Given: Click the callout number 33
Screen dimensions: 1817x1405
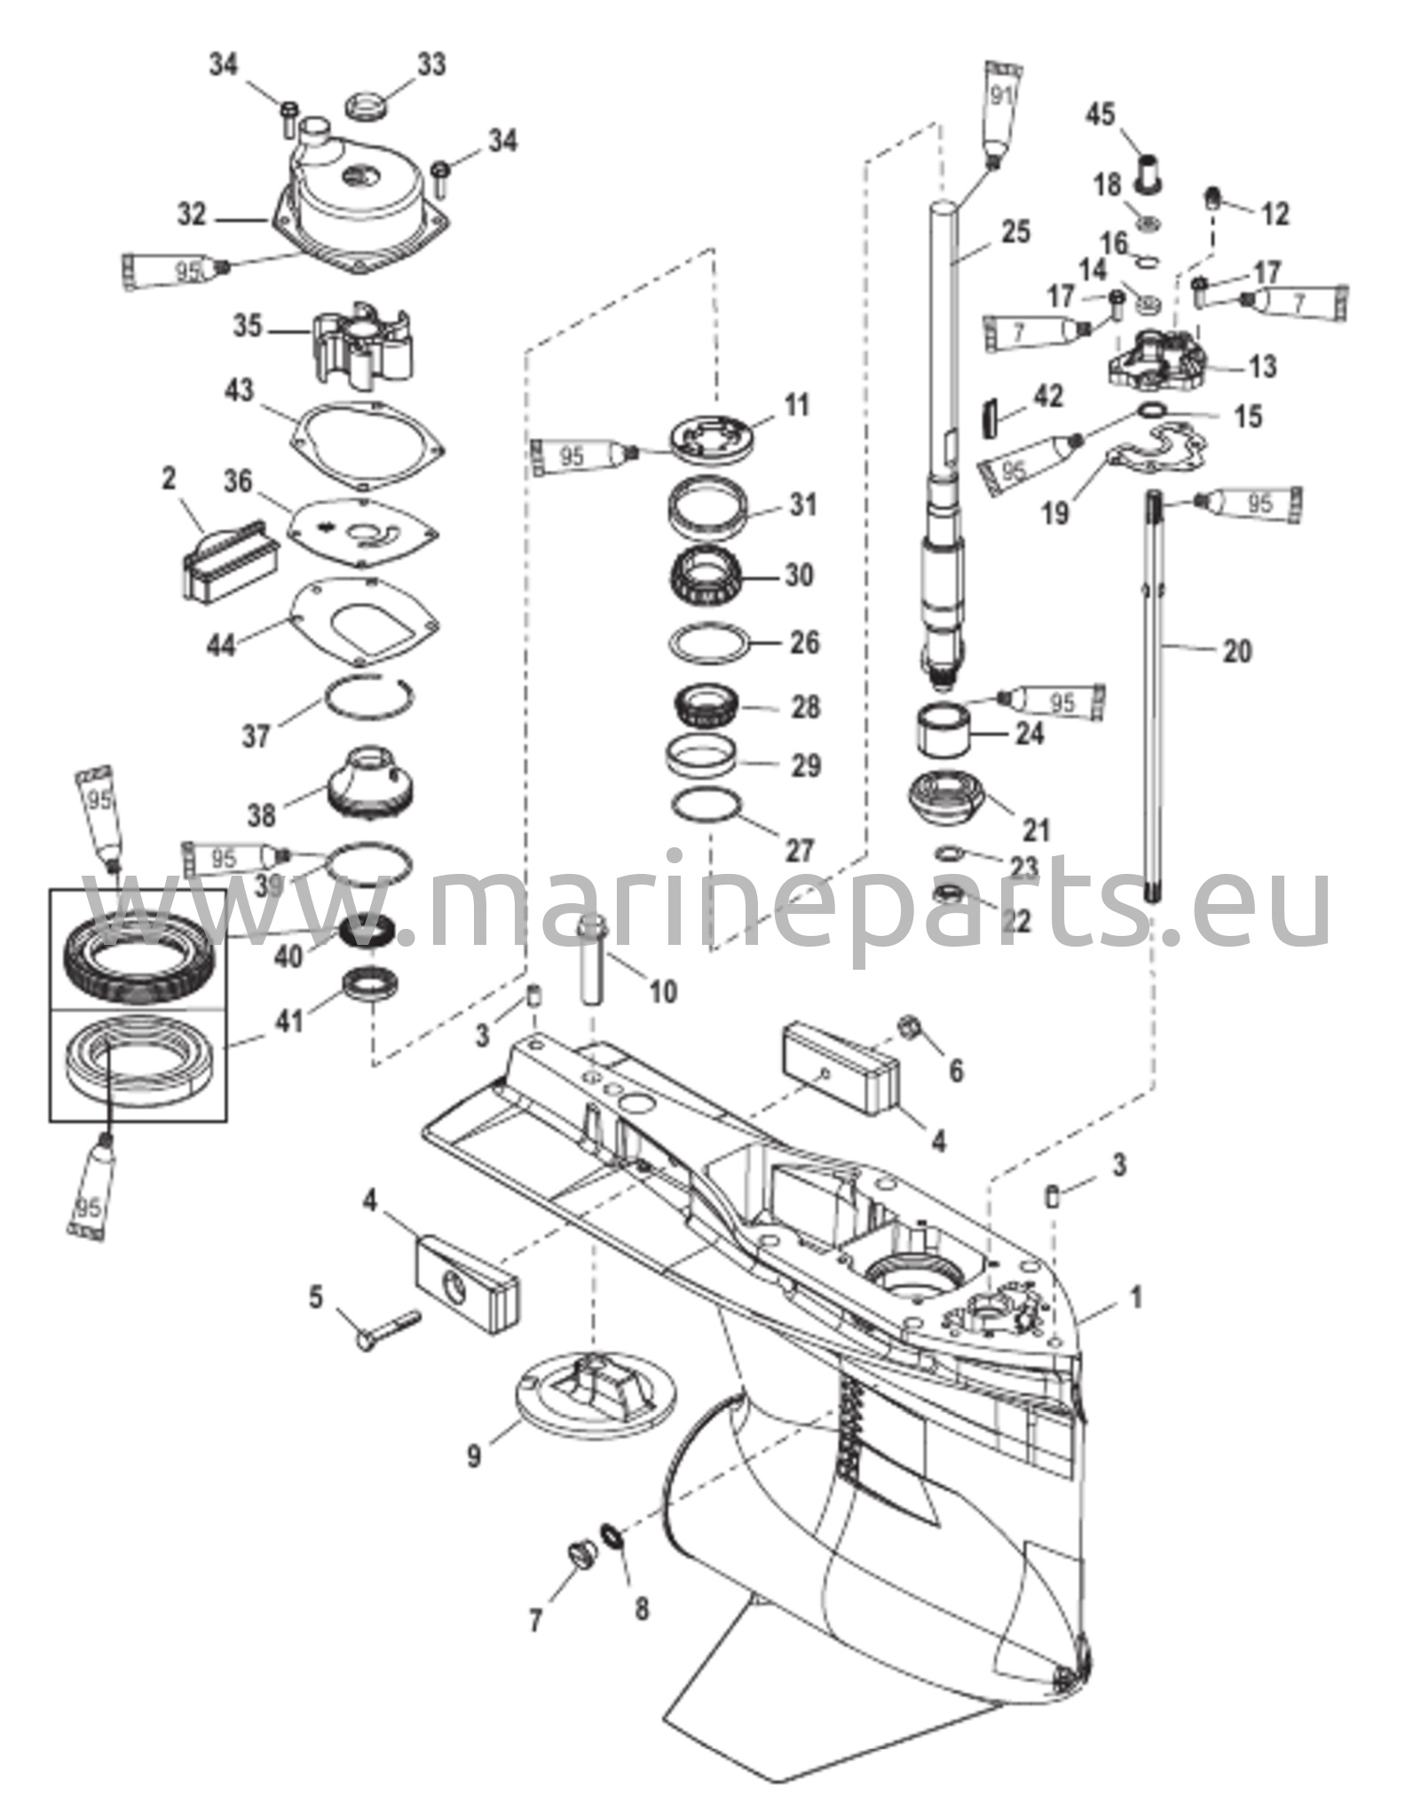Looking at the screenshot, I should click(432, 65).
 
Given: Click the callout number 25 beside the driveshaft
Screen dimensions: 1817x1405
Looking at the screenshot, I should click(1015, 232).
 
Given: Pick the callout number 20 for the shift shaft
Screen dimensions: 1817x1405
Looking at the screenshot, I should click(1236, 651).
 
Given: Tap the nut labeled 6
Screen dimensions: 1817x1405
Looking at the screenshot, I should click(912, 1028).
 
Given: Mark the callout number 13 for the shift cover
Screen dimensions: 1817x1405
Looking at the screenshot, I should click(1262, 366).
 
